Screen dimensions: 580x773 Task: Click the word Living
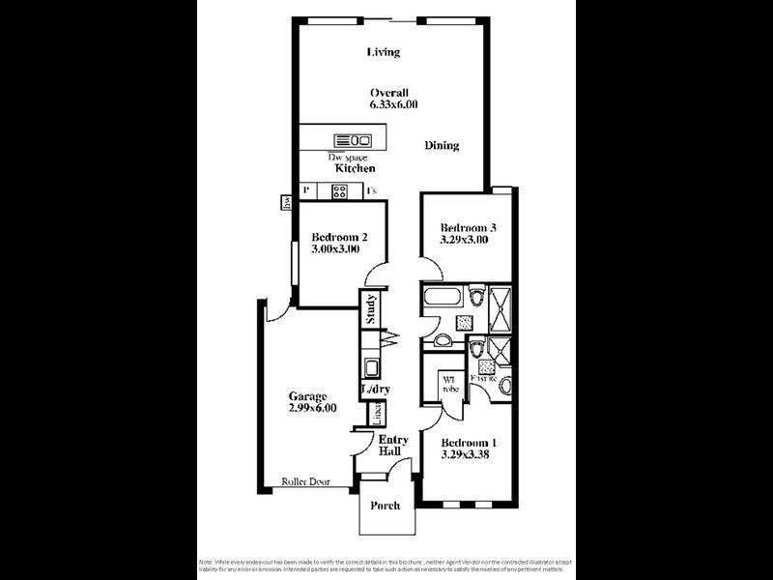383,52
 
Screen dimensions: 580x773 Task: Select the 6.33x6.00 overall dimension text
393,104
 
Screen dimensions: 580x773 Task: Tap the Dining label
442,146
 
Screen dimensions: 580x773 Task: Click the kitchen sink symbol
353,139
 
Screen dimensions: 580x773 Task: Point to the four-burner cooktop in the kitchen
340,191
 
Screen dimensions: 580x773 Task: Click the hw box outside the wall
286,202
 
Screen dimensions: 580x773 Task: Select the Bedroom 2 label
338,236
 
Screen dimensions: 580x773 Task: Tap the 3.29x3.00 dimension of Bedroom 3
464,241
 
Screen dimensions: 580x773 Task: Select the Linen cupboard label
375,413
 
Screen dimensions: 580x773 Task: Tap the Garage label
308,396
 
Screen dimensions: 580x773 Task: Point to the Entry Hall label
392,446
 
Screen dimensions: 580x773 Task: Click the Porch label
386,505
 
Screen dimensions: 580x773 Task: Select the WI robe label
449,384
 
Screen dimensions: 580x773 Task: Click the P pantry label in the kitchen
305,190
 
